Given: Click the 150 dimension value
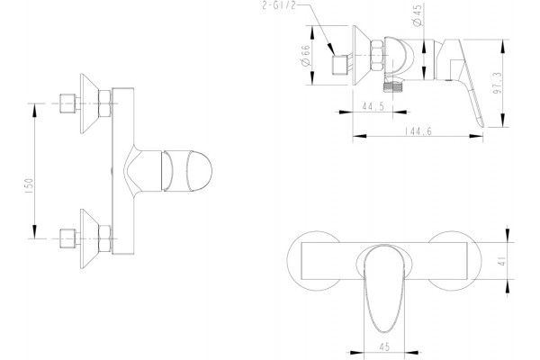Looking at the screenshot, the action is (29, 185).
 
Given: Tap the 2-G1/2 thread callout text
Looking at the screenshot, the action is (279, 5).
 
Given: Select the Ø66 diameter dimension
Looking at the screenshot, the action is (305, 55).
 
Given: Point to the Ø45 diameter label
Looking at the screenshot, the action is (417, 15).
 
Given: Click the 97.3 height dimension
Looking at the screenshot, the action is (497, 83).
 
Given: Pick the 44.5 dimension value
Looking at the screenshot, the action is (373, 106).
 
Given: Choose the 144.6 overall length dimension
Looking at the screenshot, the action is (418, 130).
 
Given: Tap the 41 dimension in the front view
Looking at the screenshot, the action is (502, 261).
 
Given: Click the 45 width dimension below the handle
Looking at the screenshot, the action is (384, 346).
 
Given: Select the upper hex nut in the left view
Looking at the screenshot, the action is (104, 103).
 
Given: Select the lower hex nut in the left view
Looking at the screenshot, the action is (104, 238).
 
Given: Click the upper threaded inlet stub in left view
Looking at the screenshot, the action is (67, 103).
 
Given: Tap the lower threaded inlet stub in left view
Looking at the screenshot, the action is (67, 238).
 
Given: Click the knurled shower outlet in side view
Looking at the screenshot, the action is (393, 86).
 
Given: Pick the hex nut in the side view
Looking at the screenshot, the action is (376, 56).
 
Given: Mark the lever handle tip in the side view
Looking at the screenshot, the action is (481, 125).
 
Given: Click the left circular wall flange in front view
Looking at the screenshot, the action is (313, 261).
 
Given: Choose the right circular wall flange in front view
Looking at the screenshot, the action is (454, 261).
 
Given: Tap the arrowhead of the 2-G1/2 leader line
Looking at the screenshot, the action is (331, 49).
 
